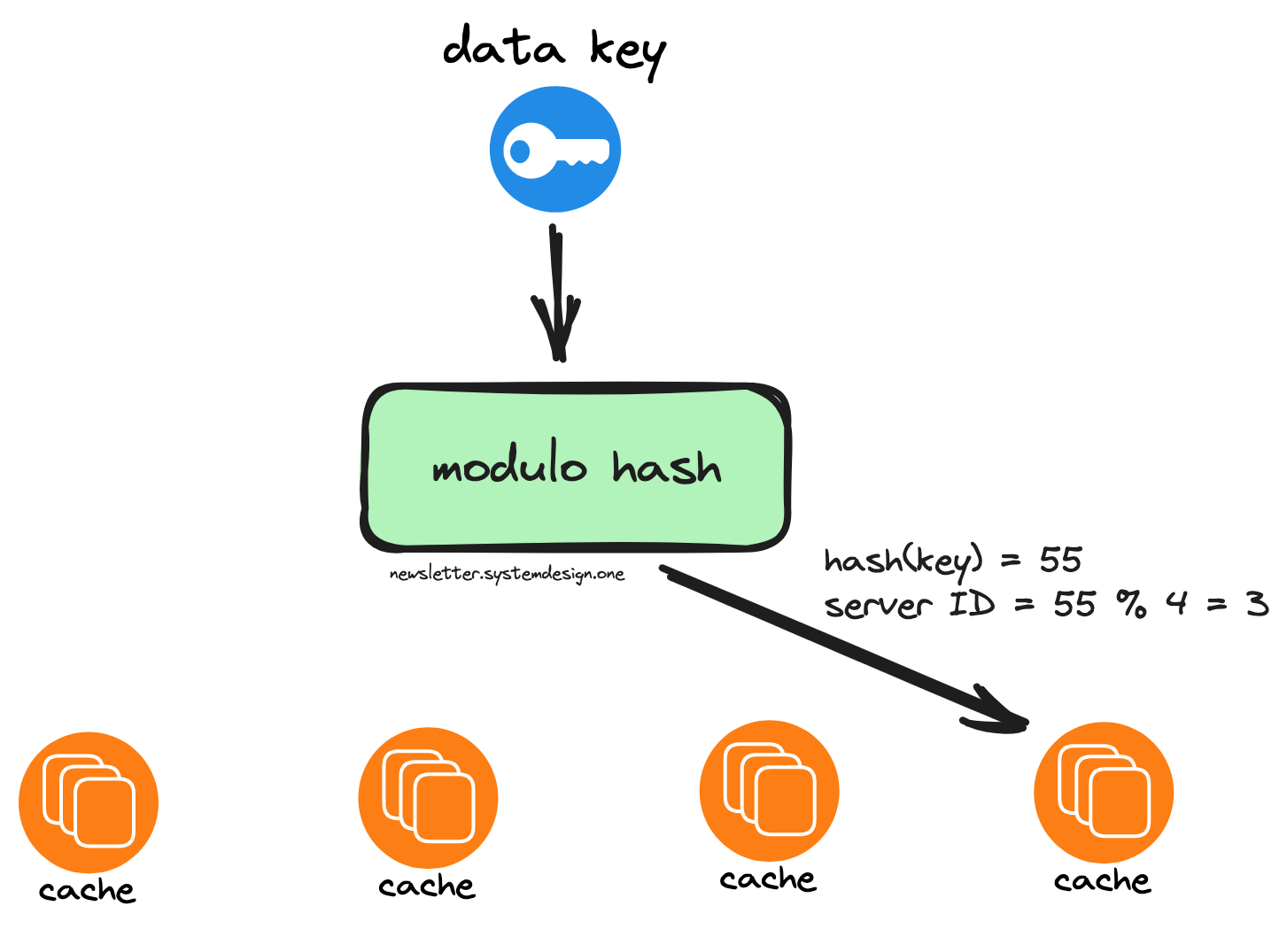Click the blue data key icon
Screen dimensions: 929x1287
point(555,149)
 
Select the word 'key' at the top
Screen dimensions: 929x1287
point(628,53)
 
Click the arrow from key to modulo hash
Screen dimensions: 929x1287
point(557,292)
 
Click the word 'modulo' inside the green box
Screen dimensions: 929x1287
point(509,466)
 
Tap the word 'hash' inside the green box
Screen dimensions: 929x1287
point(666,466)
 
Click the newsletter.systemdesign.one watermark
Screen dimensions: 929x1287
point(507,574)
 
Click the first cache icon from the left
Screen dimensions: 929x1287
point(89,801)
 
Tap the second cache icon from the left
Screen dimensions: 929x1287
point(428,797)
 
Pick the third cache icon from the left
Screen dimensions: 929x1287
point(769,790)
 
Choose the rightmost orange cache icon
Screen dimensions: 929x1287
point(1103,792)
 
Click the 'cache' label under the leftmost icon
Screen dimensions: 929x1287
point(87,890)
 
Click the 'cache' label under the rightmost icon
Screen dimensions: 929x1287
point(1102,880)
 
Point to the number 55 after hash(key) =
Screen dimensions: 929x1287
point(1060,560)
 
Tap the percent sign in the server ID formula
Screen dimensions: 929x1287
point(1131,604)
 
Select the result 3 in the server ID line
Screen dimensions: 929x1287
point(1257,604)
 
